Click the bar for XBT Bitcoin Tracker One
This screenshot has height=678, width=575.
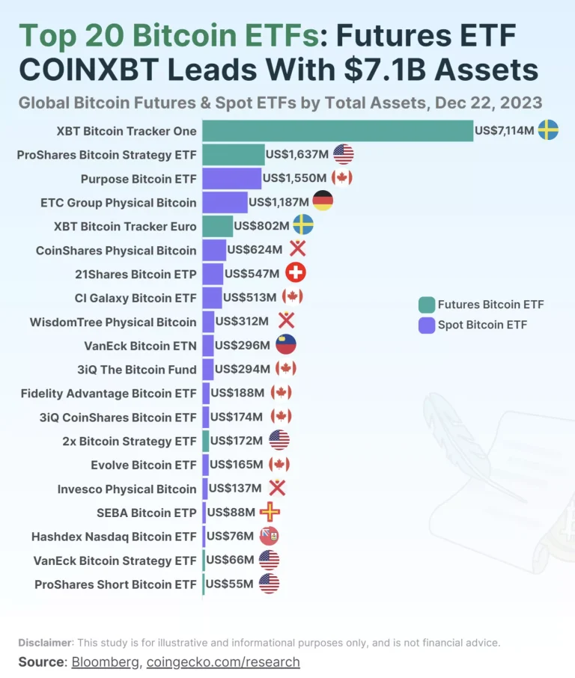337,131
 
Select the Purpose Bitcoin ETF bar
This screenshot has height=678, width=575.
231,178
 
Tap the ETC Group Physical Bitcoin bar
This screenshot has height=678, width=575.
225,202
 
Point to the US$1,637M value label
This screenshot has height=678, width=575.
297,155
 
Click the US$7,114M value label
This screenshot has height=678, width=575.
504,131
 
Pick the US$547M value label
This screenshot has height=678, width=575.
252,274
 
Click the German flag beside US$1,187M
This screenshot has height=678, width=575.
323,201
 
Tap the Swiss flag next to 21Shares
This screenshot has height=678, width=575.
296,273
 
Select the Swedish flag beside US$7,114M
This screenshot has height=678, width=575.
548,131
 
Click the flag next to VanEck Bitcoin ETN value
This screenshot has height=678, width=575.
286,345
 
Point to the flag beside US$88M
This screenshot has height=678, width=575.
270,513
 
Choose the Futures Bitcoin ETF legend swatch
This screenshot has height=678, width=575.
427,305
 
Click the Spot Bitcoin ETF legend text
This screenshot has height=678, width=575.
482,325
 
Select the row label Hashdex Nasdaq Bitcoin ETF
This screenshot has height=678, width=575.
114,537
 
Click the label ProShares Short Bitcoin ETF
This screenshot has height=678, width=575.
115,584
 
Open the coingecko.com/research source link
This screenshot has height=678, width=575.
223,662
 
